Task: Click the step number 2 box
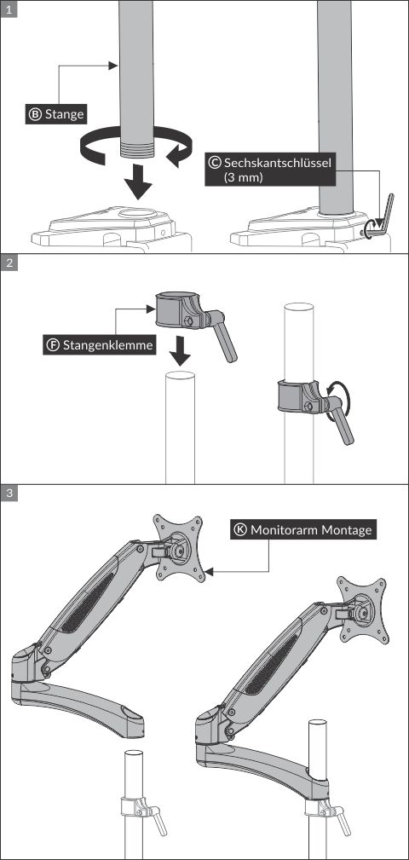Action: pyautogui.click(x=9, y=263)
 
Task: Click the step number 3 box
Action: pyautogui.click(x=9, y=493)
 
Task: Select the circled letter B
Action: pyautogui.click(x=36, y=113)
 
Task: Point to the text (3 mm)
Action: pyautogui.click(x=245, y=177)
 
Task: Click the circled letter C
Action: pyautogui.click(x=215, y=162)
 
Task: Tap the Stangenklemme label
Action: pyautogui.click(x=109, y=346)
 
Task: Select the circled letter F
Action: pyautogui.click(x=53, y=346)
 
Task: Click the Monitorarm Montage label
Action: pyautogui.click(x=311, y=529)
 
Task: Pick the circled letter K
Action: pyautogui.click(x=240, y=529)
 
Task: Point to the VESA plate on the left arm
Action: pyautogui.click(x=178, y=548)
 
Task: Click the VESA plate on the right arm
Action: pyautogui.click(x=364, y=609)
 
